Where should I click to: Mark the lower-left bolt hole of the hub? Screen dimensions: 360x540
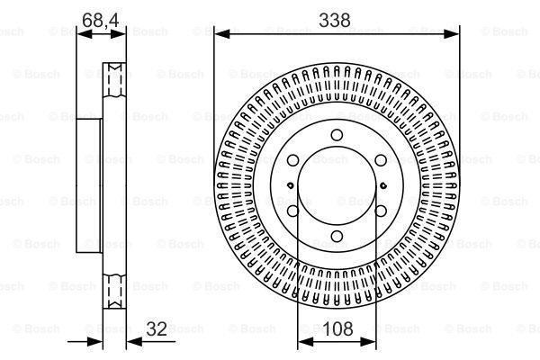click(x=292, y=211)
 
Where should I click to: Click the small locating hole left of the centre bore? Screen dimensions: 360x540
click(x=287, y=185)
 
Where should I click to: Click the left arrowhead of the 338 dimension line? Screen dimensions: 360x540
click(x=216, y=34)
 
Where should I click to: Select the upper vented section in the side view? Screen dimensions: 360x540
click(x=114, y=81)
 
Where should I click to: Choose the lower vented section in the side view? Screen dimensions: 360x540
click(x=114, y=290)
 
